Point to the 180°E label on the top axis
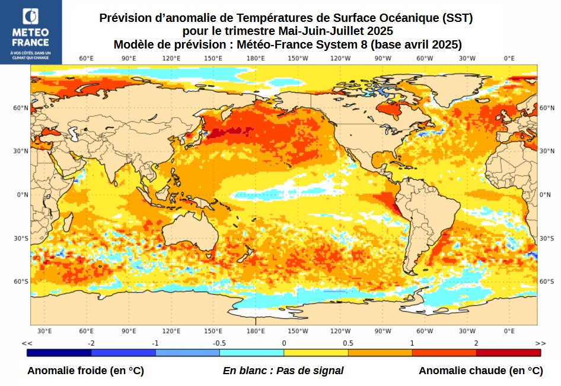[x=256, y=58]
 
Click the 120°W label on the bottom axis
[x=340, y=331]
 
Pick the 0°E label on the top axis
[x=509, y=58]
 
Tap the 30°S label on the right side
[x=546, y=238]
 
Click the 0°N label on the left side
[x=23, y=195]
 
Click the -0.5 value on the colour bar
[x=219, y=343]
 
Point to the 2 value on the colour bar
[x=476, y=343]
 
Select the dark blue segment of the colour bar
[x=59, y=353]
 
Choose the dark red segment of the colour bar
[x=508, y=353]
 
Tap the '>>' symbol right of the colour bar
[x=540, y=343]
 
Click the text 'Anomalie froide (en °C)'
[x=85, y=371]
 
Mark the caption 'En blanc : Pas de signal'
[x=283, y=371]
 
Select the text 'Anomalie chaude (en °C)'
[x=480, y=371]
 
